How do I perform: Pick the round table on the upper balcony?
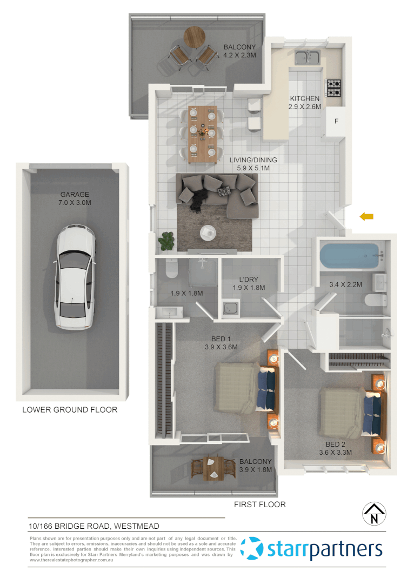point(194,37)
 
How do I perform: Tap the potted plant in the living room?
point(167,241)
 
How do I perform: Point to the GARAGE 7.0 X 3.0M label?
point(75,198)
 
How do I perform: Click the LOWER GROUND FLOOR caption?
point(70,410)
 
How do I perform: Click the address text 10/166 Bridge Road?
point(94,526)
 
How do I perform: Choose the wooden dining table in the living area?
point(203,134)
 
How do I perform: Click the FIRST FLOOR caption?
point(259,505)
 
